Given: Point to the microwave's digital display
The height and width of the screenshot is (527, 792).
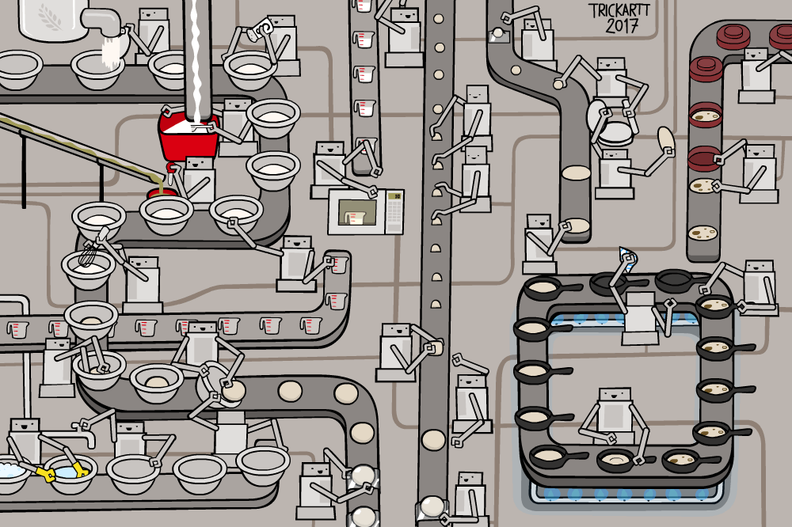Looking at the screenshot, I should click(394, 195).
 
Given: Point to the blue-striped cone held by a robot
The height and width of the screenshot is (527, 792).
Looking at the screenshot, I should click(628, 257).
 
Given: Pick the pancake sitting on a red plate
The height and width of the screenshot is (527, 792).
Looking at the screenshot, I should click(704, 119).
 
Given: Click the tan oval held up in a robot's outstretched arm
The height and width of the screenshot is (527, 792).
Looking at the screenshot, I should click(666, 140).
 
